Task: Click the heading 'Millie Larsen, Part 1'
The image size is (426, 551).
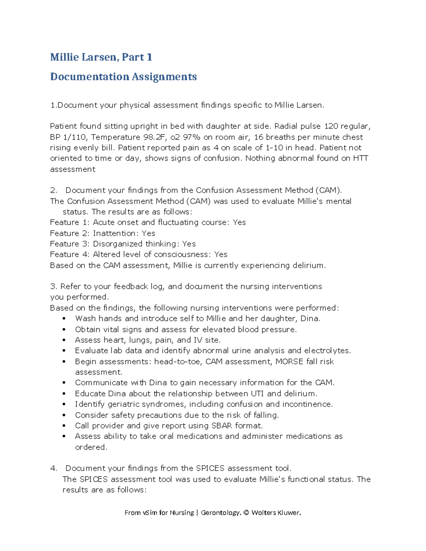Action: (x=101, y=57)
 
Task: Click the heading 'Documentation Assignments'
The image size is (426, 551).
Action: (x=123, y=77)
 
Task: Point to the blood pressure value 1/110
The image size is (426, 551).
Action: (x=74, y=137)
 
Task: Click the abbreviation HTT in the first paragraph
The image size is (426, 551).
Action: (x=360, y=158)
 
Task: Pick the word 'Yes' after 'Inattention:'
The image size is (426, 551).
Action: (x=148, y=233)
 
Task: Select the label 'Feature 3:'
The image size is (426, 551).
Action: (x=70, y=244)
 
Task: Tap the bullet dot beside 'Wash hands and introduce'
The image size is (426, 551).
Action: (x=64, y=319)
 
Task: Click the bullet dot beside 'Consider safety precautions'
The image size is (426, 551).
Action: (x=64, y=415)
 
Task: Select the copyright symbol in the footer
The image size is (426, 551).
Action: (x=246, y=513)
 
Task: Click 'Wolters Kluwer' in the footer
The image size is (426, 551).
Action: (x=276, y=513)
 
